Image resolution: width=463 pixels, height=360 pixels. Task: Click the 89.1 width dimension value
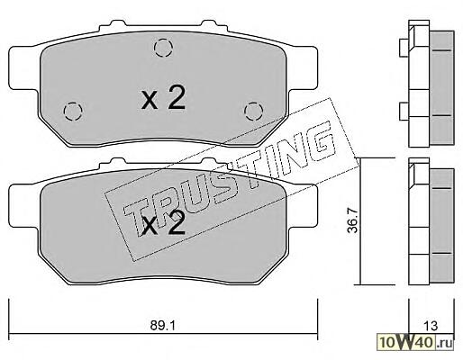click(x=162, y=326)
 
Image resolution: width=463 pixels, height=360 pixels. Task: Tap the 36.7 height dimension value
click(x=354, y=220)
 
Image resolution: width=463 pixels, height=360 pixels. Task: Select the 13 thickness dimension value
click(x=431, y=326)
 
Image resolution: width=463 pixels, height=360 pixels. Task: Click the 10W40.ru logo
click(x=416, y=341)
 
